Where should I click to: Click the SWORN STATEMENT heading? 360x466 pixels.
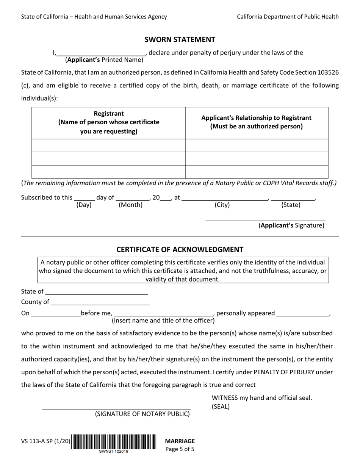point(180,39)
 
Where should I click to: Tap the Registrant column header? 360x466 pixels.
point(108,123)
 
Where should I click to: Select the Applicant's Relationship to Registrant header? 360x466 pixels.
point(256,122)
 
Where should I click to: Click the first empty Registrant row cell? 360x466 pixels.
point(108,145)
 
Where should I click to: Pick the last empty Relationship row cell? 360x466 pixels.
point(256,172)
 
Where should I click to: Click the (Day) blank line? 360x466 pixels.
point(84,198)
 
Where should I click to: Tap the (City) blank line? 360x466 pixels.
point(224,198)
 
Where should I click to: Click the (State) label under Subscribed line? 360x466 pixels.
point(291,205)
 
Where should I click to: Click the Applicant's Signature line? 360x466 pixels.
point(265,219)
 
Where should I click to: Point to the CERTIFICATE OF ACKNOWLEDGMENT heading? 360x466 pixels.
point(180,249)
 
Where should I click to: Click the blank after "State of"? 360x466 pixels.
point(96,292)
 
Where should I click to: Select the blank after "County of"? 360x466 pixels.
point(100,303)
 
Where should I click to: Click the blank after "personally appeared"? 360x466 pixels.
point(303,314)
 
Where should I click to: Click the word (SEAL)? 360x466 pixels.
point(221,407)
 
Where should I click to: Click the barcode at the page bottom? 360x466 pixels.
point(114,441)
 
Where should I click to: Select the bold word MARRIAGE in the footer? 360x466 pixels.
point(180,441)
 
